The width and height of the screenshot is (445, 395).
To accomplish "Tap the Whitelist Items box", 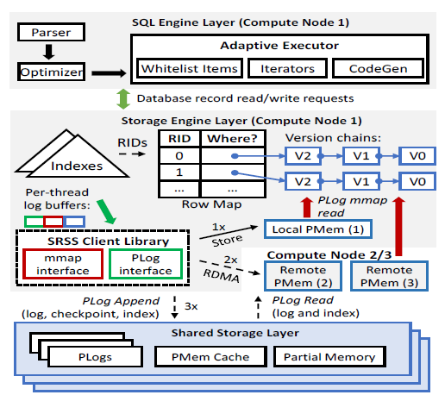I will (187, 67).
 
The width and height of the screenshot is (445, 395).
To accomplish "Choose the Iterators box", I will (281, 67).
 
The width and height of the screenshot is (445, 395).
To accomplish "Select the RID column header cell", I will (179, 136).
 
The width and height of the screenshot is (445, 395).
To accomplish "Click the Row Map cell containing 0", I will (179, 156).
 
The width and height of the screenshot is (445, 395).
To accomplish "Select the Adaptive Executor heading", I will (279, 44).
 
